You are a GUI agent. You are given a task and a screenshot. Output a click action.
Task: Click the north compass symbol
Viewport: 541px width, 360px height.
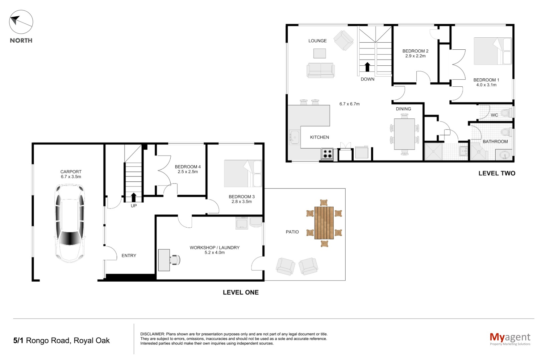(21, 22)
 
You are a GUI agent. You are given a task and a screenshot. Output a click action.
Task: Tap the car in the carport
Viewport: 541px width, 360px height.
(70, 223)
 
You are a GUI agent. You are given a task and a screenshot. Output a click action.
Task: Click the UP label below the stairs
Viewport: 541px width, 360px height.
(134, 206)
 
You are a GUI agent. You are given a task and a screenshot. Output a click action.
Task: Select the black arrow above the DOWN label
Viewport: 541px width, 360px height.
(367, 67)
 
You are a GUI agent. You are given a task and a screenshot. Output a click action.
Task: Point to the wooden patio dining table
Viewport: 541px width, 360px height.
(324, 223)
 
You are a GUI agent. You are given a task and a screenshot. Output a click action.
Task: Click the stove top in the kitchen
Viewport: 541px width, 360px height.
(327, 154)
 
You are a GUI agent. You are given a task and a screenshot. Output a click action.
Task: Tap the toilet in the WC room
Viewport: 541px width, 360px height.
(507, 113)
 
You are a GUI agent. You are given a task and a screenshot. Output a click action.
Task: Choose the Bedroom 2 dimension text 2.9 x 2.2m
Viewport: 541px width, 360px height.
(415, 56)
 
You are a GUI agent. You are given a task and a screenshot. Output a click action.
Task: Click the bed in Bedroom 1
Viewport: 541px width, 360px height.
(493, 51)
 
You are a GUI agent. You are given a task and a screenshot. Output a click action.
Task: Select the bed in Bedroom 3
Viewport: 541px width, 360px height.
(243, 173)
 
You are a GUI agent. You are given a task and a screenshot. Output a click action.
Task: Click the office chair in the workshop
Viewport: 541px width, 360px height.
(175, 260)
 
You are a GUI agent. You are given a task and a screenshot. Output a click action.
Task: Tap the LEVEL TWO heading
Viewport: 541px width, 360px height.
(497, 173)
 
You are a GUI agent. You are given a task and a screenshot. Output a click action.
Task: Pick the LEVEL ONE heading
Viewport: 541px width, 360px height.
(240, 293)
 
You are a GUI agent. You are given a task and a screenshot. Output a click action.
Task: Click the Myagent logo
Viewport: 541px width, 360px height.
(510, 339)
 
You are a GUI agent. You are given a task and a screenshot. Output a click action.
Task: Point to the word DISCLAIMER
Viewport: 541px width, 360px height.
(152, 334)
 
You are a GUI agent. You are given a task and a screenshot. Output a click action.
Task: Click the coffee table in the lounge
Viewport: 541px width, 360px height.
(320, 53)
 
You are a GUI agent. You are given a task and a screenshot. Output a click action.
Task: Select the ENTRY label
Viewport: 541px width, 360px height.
(129, 256)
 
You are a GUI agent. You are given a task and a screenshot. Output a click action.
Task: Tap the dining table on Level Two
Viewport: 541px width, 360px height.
(404, 134)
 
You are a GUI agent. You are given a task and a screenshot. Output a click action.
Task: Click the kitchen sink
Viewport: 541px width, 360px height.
(295, 137)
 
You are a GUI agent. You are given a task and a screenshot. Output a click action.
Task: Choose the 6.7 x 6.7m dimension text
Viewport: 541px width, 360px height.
(349, 104)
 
